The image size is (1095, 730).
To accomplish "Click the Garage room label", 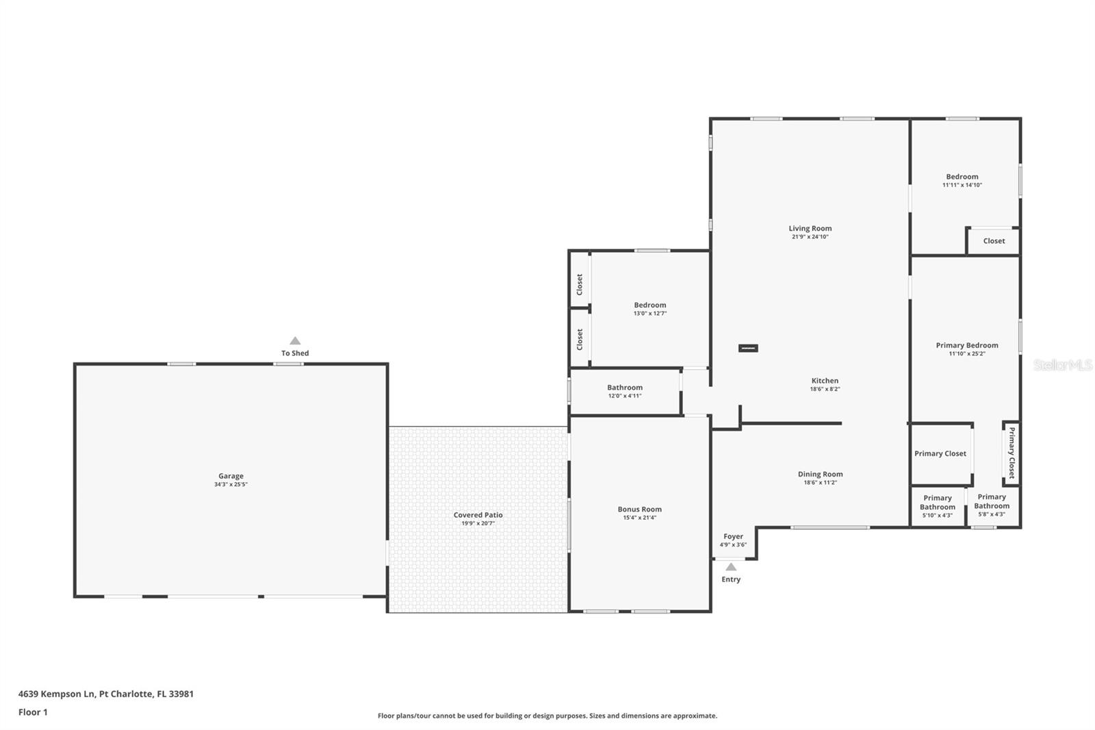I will pos(231,476).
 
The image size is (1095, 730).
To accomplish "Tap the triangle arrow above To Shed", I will pos(295,341).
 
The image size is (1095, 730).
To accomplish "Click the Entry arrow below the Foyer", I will pos(731,567).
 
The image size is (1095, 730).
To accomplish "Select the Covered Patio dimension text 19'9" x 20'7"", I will pos(478,523).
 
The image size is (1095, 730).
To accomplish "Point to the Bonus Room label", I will pos(639,509).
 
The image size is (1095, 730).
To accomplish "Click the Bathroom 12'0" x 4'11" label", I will pos(624,391).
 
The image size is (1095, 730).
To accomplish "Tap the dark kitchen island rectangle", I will pos(748,349).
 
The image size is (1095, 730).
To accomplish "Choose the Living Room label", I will pos(810,229).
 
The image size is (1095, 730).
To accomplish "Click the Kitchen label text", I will pos(825,381).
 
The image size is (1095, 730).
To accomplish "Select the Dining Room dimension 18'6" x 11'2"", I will pos(820,483).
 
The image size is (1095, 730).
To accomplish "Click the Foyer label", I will pos(733,537).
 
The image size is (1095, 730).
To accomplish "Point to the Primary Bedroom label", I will pos(966,346).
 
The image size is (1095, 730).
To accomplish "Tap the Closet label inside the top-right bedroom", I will pos(994,241).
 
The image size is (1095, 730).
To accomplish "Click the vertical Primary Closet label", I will pos(1012,453).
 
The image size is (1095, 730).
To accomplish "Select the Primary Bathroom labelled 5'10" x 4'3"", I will pos(937,507).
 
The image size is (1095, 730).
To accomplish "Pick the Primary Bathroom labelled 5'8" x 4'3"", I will pos(992,505).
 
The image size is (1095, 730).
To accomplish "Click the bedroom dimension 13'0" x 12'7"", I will pos(649,314).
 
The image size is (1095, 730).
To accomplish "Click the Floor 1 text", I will pos(33,712).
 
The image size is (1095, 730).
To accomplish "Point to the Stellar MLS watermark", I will pos(1062,366).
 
